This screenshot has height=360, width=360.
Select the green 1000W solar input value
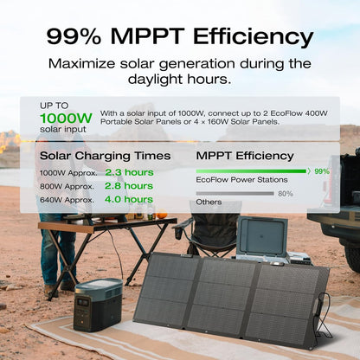(x=66, y=118)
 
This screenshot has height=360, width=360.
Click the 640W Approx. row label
(x=67, y=200)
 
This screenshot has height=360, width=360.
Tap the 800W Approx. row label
(x=67, y=186)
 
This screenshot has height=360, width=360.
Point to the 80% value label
(x=286, y=194)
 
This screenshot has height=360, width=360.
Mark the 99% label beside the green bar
(x=322, y=171)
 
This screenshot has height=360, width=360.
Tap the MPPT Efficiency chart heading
(x=245, y=156)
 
